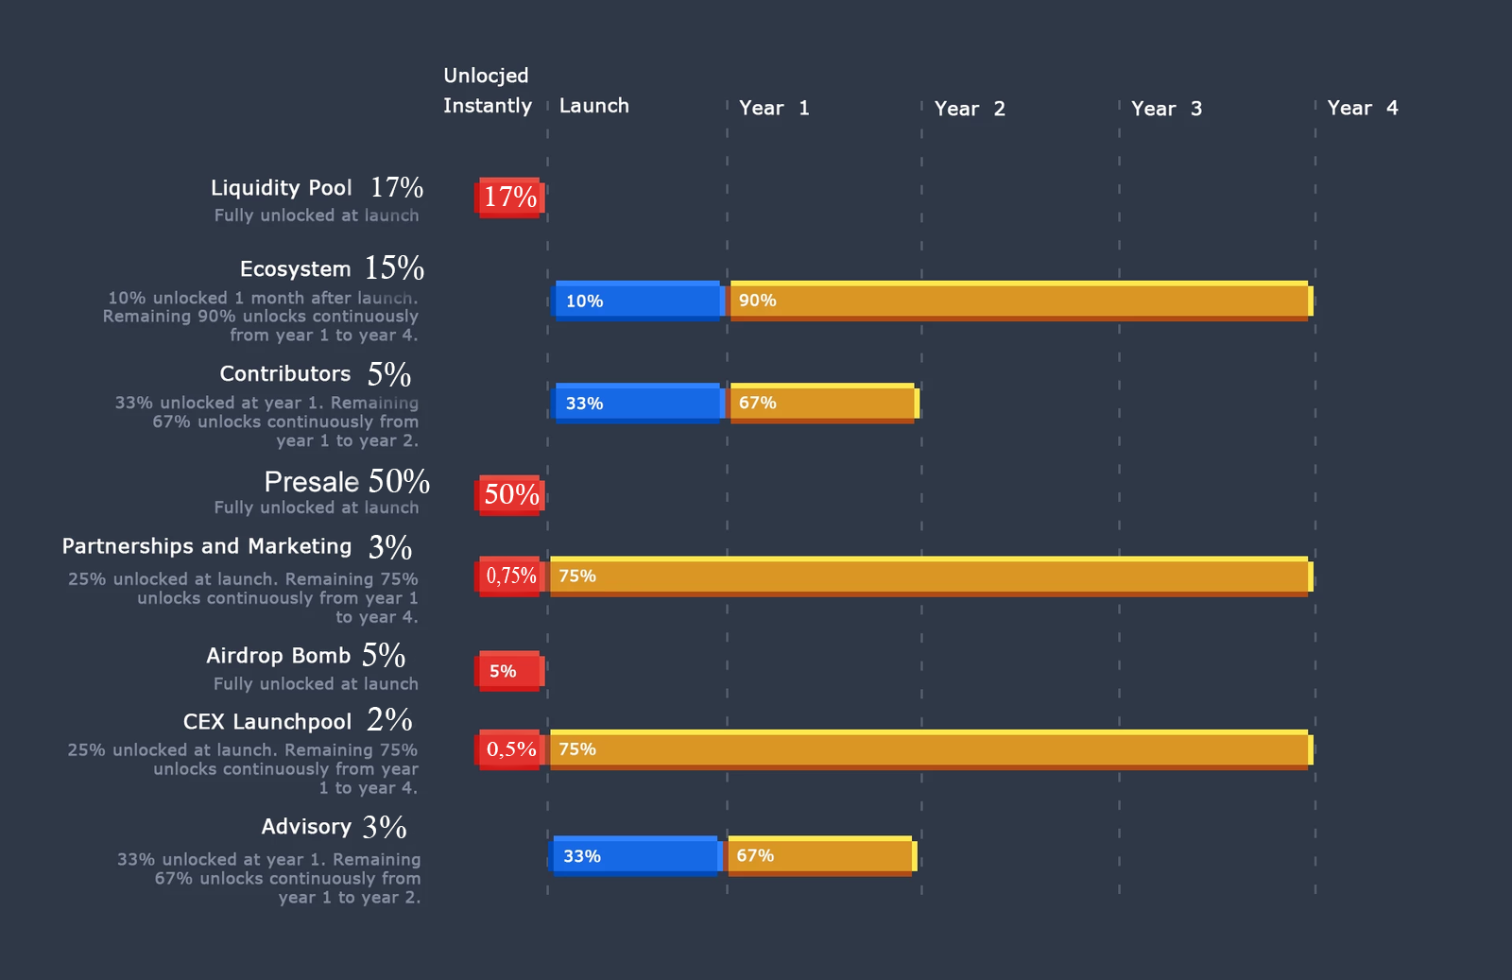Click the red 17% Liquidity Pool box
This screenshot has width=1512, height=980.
tap(509, 198)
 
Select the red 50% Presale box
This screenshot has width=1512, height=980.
tap(509, 494)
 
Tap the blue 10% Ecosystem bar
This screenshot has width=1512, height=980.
tap(638, 301)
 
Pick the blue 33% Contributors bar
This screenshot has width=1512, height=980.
tap(638, 404)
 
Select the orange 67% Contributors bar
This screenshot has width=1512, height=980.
tap(823, 404)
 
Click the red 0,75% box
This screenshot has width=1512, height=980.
tap(509, 576)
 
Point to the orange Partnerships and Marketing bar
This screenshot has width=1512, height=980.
tap(931, 576)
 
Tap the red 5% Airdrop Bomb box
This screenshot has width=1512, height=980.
tap(509, 671)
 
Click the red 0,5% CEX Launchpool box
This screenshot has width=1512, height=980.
tap(509, 749)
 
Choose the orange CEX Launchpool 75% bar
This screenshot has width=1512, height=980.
tap(931, 749)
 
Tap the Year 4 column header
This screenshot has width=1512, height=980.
tap(1362, 108)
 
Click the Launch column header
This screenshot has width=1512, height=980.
tap(593, 106)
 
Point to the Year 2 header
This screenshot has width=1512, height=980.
tap(970, 109)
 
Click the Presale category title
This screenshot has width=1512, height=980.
tap(312, 482)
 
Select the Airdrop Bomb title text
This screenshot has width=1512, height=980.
tap(278, 655)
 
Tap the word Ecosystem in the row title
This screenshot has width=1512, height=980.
tap(295, 269)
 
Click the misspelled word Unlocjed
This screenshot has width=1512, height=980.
tap(486, 76)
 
